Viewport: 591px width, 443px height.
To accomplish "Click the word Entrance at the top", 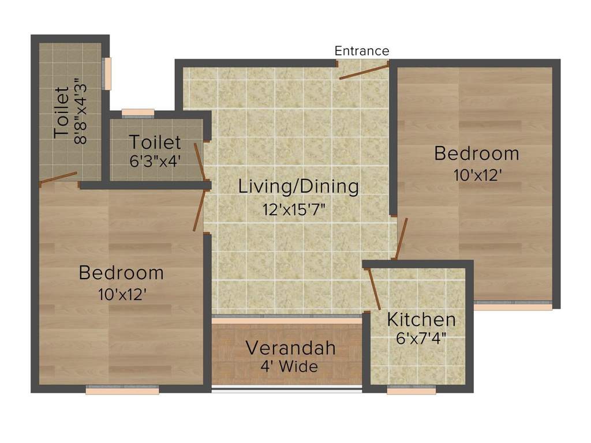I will (362, 51).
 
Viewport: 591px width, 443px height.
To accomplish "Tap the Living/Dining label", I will (298, 187).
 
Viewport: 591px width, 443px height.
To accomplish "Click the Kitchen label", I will (421, 319).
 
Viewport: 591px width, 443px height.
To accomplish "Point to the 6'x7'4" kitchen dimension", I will (421, 338).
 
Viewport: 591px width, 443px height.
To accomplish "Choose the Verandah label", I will (290, 348).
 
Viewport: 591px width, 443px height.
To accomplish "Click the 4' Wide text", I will (289, 366).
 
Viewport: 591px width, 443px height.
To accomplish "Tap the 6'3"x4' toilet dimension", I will (155, 161).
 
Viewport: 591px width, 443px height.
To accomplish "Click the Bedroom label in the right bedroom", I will (477, 153).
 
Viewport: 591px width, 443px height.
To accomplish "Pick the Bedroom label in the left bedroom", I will (121, 272).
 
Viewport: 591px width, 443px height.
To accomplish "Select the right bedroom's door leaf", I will (401, 239).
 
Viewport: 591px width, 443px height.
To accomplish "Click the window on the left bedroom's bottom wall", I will (122, 391).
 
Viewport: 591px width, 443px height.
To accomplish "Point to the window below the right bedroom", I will (513, 306).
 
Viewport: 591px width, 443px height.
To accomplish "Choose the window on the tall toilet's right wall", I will (107, 73).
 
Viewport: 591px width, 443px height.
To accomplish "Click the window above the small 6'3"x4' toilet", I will (138, 112).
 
